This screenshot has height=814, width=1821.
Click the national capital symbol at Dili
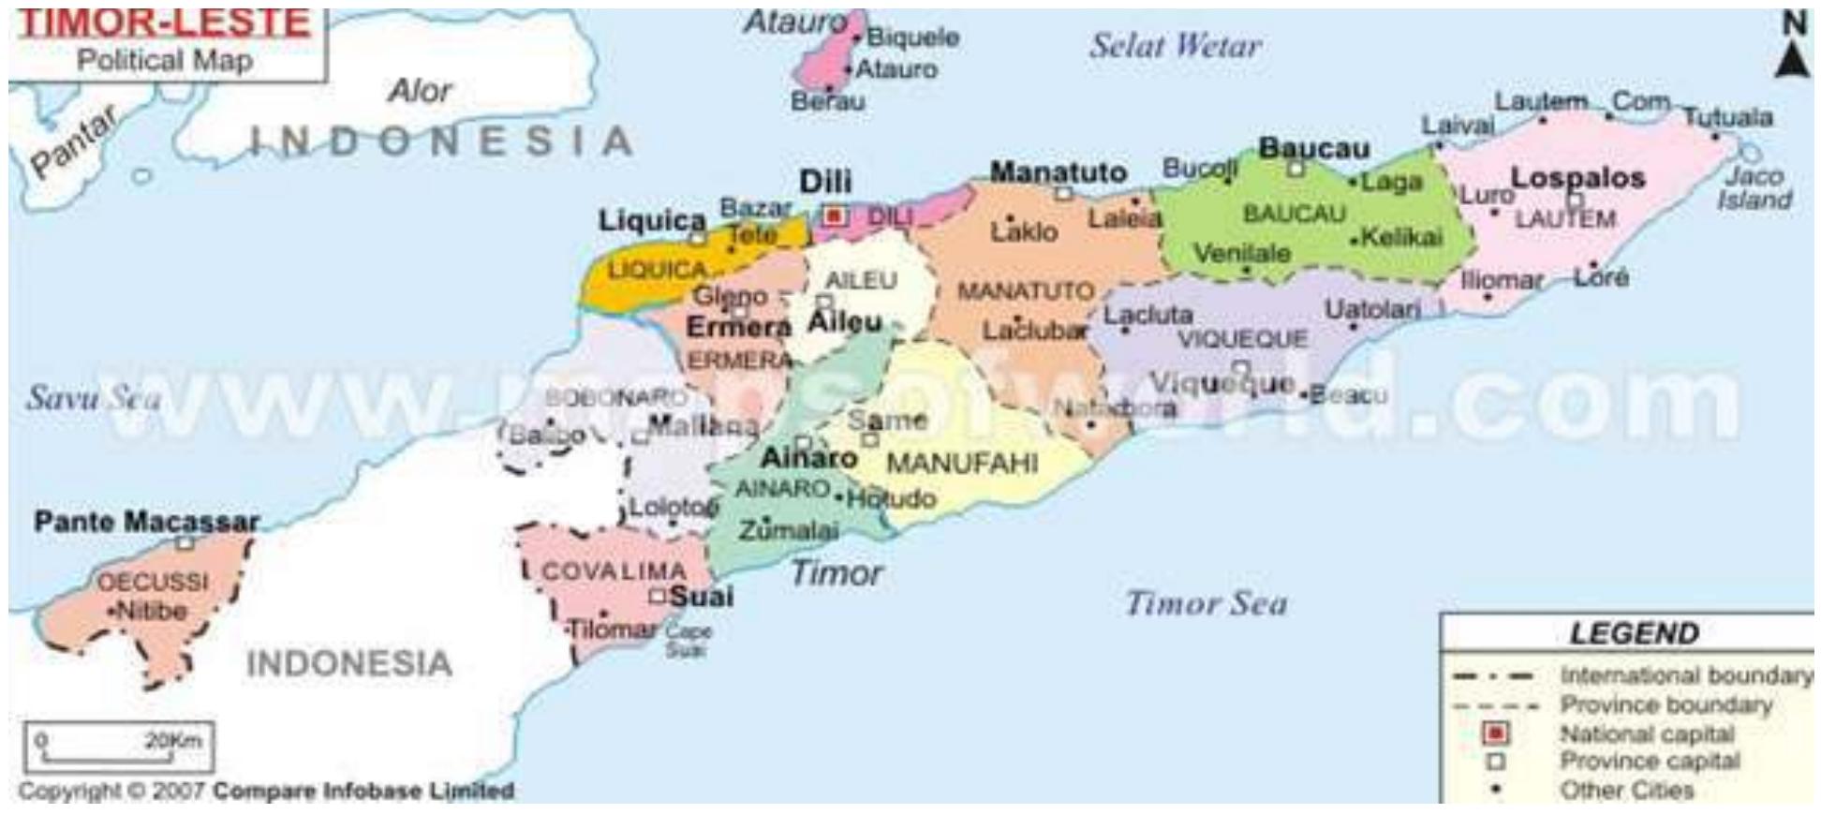pos(834,216)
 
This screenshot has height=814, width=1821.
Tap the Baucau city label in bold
pos(1313,148)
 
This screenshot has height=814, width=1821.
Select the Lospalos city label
pos(1577,177)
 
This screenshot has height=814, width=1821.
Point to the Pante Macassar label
pos(146,521)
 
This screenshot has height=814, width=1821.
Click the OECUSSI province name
pos(153,581)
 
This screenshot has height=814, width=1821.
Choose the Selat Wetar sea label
pos(1175,45)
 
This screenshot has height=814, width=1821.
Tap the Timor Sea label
pos(1206,603)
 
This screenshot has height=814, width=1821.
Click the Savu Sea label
pos(93,397)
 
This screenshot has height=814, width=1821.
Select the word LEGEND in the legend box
pos(1634,633)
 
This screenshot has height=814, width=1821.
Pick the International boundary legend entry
pos(1684,674)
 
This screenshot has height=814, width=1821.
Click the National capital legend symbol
pos(1496,733)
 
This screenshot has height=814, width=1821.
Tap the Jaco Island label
pos(1754,187)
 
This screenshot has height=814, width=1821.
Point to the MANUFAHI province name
pos(962,463)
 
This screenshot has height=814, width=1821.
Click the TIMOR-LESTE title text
pos(165,22)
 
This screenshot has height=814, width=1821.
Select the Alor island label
pos(419,91)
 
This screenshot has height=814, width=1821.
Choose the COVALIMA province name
pos(614,570)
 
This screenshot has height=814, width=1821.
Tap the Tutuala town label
pos(1727,117)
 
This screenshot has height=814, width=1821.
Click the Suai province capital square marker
pos(658,596)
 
